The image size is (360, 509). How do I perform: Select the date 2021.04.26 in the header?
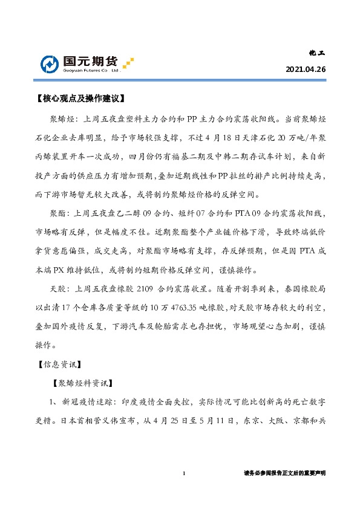306,70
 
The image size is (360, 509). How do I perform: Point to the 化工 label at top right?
318,53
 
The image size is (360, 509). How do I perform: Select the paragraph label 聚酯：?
60,213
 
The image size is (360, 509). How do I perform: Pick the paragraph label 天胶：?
60,287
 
